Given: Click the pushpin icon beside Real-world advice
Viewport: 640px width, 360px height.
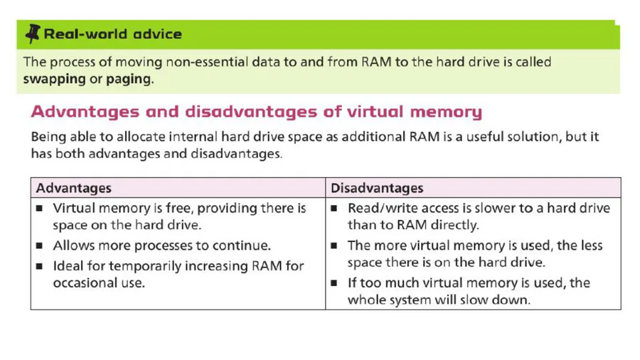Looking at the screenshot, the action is [33, 33].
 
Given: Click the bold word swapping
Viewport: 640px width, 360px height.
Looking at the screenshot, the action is [54, 79].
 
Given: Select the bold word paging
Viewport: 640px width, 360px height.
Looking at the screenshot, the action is [129, 79].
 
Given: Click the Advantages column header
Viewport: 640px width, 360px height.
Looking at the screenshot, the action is [73, 188].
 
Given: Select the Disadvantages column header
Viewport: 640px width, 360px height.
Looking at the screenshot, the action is [377, 188].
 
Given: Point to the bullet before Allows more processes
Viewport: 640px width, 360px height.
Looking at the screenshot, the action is [39, 245].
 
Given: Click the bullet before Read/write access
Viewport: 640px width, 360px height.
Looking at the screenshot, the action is [334, 208].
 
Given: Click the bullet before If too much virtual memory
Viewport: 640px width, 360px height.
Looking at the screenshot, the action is [334, 283].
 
